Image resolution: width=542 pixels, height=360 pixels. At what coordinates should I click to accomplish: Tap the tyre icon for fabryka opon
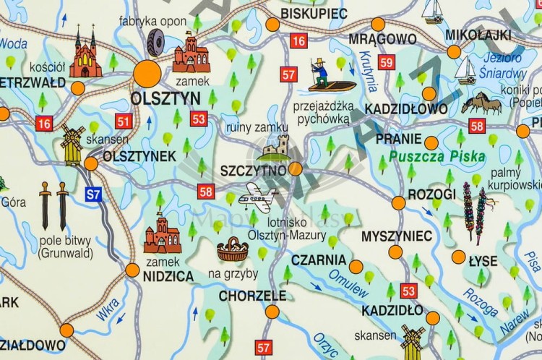(x=155, y=43)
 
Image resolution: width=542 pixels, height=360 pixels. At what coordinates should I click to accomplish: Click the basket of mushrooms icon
(x=232, y=250)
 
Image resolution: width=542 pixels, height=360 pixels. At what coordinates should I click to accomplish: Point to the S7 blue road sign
(x=93, y=194)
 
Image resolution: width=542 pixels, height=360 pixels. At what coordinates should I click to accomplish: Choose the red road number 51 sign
(x=124, y=121)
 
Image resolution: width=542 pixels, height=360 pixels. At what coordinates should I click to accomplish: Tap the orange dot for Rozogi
(x=398, y=203)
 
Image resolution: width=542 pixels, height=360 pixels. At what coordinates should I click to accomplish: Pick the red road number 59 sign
(x=387, y=63)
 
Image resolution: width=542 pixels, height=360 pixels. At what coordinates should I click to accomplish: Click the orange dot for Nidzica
(x=132, y=270)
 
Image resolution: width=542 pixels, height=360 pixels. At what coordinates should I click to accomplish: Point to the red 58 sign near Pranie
(x=476, y=127)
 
